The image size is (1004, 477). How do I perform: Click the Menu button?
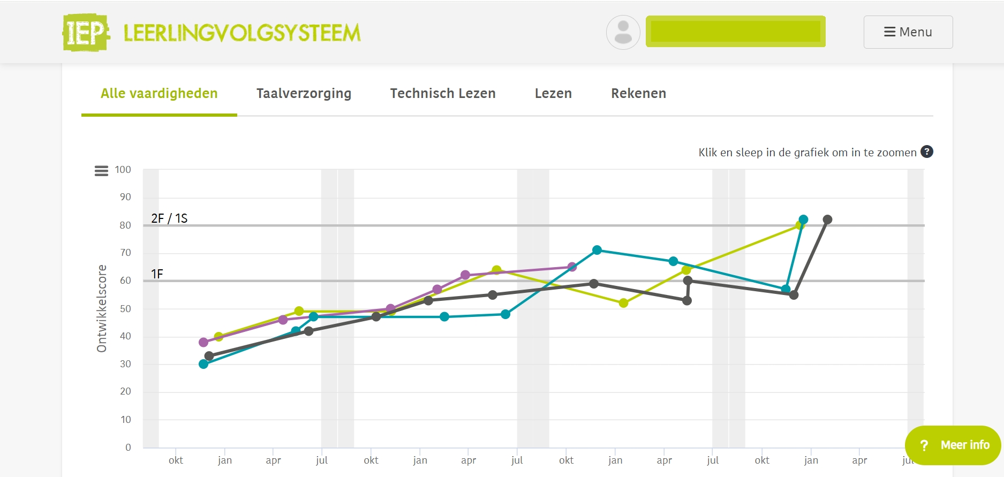coord(908,32)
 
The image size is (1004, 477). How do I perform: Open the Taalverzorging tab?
coord(304,94)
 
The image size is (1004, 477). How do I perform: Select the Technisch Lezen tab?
coord(442,94)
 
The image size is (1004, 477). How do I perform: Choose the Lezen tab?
coord(553,94)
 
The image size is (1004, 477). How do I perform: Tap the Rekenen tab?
coord(638,94)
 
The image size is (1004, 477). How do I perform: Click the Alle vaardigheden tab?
coord(159,94)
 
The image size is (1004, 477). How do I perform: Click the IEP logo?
coord(86,33)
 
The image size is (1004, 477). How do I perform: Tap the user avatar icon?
coord(623,32)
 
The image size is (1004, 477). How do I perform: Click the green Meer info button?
coord(953,445)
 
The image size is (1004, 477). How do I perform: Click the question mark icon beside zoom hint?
coord(927,152)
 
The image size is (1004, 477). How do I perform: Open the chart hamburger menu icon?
coord(101,171)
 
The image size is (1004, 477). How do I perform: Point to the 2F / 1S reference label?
coord(169,218)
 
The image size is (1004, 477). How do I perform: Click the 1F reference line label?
coord(157,274)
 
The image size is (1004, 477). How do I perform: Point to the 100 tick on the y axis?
coord(123,170)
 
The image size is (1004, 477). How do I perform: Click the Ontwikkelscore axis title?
coord(102,308)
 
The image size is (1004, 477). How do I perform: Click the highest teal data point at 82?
coord(803,219)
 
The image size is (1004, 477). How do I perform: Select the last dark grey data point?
coord(827,219)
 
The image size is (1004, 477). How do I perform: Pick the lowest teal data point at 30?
coord(203,364)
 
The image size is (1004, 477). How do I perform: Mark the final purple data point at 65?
coord(572,267)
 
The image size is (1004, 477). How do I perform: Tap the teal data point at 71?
coord(597,250)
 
